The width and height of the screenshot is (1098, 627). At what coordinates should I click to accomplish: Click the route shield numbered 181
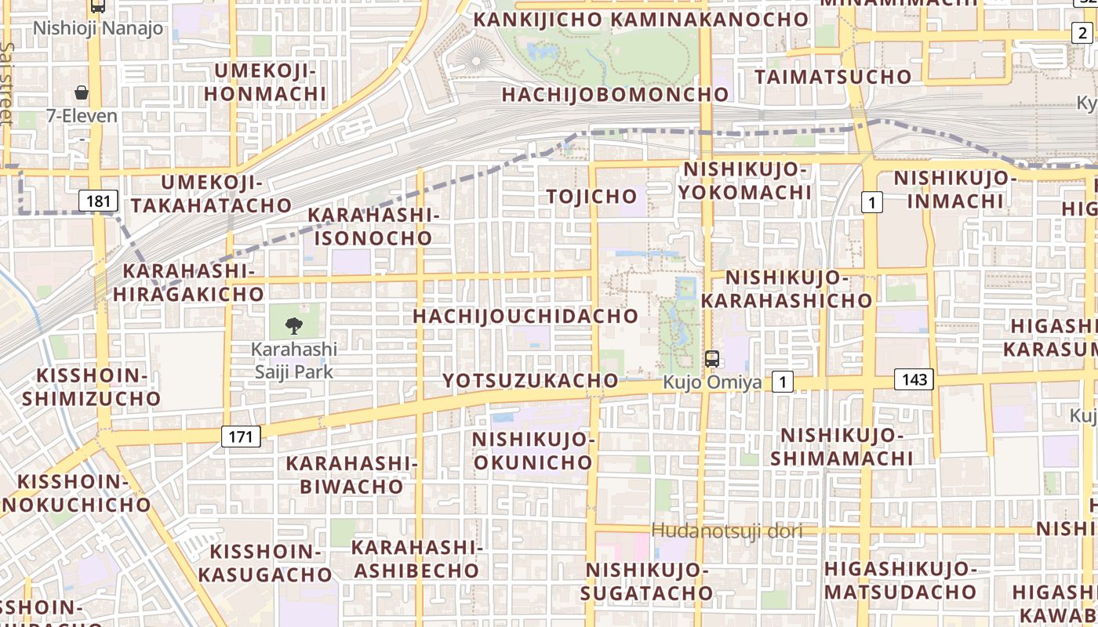98,201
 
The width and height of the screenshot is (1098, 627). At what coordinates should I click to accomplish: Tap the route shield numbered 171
241,436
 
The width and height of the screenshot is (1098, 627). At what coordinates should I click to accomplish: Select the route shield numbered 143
914,380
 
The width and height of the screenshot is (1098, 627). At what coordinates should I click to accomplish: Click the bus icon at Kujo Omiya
712,360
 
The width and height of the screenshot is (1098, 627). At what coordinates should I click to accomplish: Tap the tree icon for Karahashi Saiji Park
294,324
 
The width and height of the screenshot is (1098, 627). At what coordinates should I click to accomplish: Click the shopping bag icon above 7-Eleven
82,92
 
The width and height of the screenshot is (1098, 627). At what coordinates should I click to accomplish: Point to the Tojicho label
592,196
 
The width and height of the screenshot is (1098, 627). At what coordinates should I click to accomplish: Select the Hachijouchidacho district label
525,316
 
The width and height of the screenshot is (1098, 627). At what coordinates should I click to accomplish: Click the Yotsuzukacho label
530,381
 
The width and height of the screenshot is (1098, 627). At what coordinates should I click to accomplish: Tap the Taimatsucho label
833,77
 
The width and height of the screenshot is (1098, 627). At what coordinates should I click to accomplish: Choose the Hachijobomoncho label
615,95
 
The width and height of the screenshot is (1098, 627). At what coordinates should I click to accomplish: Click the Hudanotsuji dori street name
727,531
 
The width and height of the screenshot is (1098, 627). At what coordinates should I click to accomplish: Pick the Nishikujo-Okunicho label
533,451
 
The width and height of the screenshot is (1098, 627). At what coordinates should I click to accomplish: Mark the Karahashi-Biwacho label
351,474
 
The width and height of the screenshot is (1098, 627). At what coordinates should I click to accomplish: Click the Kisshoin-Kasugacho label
265,563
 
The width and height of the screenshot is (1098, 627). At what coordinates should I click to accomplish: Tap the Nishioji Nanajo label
98,29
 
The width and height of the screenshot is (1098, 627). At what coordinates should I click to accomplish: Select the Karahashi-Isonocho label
373,226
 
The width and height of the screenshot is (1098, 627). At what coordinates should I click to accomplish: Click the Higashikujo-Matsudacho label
900,580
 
